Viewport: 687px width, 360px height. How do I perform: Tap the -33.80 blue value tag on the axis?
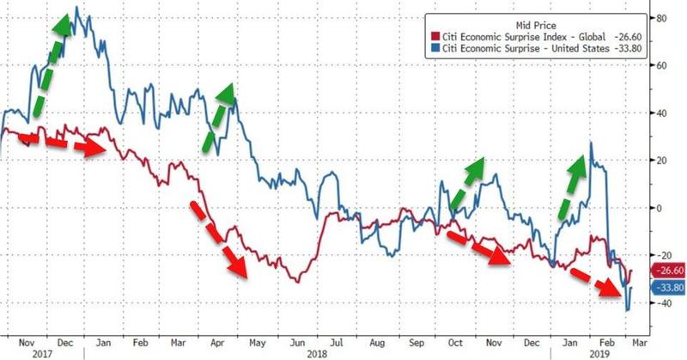tap(668, 288)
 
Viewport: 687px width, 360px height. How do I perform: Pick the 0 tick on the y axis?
tap(660, 208)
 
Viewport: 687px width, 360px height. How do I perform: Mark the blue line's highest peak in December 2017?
tap(77, 8)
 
